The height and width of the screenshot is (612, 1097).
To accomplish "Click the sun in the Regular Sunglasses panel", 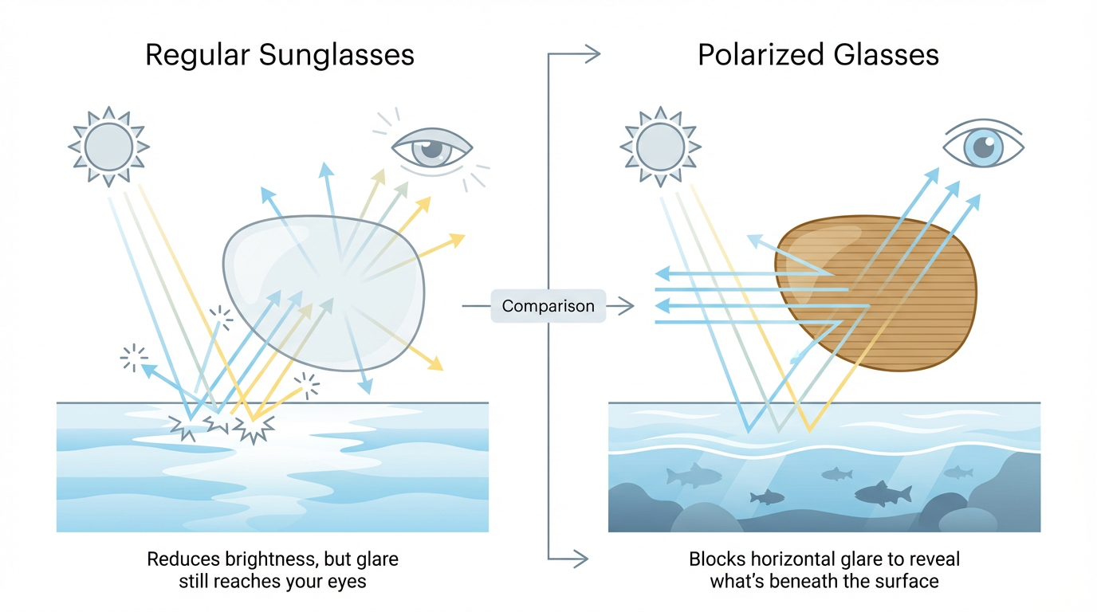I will (x=108, y=147).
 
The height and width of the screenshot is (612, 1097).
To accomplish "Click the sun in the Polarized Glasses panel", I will (x=660, y=147).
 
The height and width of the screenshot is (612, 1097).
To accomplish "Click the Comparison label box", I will (x=548, y=306).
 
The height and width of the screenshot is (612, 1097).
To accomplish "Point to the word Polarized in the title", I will (x=761, y=55).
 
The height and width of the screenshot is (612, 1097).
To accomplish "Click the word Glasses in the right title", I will (x=889, y=55).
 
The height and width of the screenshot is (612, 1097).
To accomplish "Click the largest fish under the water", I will (x=883, y=493).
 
